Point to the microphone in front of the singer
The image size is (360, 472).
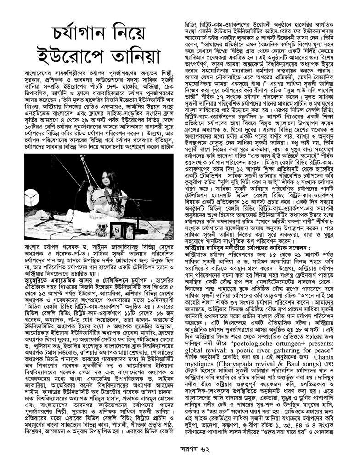(x=108, y=195)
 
